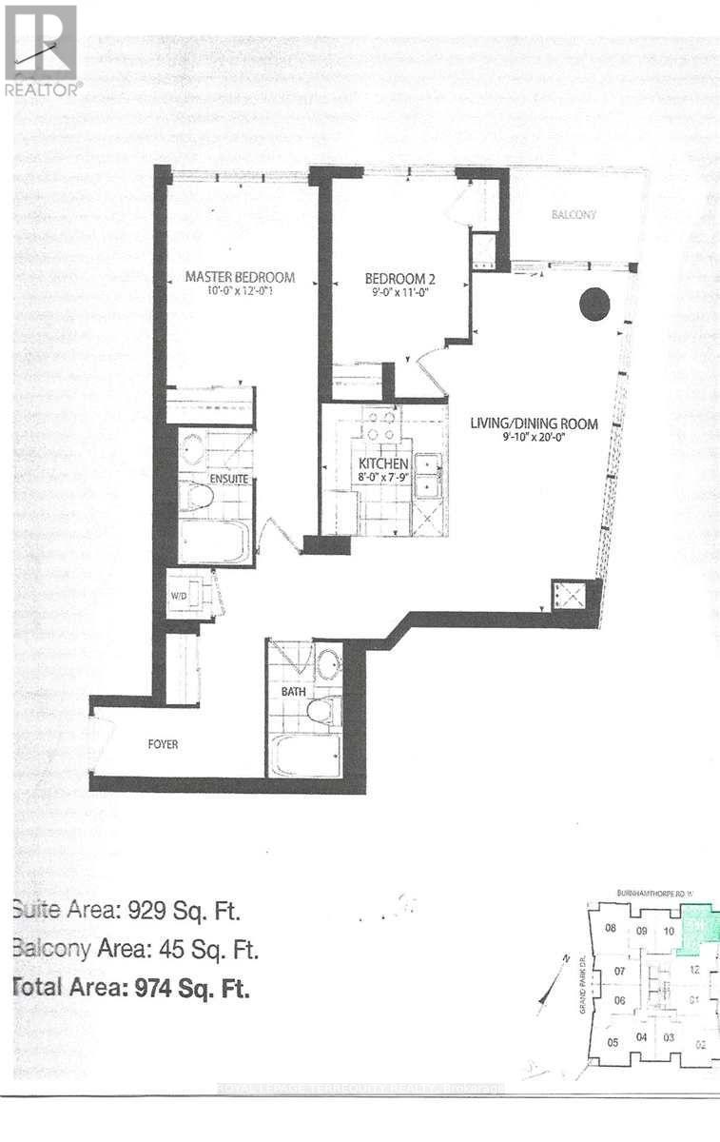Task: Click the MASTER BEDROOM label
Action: click(240, 277)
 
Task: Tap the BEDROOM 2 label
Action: click(400, 278)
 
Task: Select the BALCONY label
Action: click(574, 215)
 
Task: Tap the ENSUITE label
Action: click(229, 479)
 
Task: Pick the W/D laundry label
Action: click(178, 598)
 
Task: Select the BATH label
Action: click(293, 692)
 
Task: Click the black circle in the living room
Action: click(594, 305)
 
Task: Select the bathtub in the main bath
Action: click(304, 758)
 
